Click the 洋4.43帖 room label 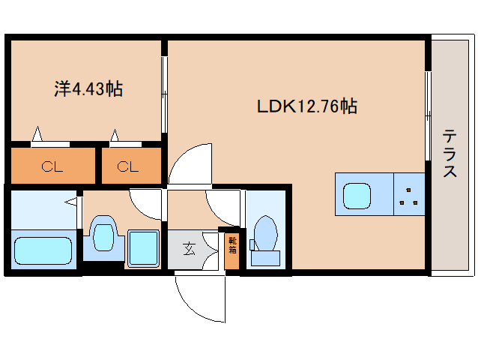click(88, 88)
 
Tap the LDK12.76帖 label click(307, 106)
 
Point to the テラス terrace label click(450, 153)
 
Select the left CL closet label click(52, 166)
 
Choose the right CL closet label click(127, 166)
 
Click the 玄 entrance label click(189, 249)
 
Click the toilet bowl click(265, 233)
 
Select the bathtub click(43, 250)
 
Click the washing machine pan click(143, 248)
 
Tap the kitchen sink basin click(357, 196)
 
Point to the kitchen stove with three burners click(409, 194)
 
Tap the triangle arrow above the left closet click(37, 134)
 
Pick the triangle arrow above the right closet click(115, 136)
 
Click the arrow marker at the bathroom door click(70, 202)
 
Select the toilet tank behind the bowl click(265, 258)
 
